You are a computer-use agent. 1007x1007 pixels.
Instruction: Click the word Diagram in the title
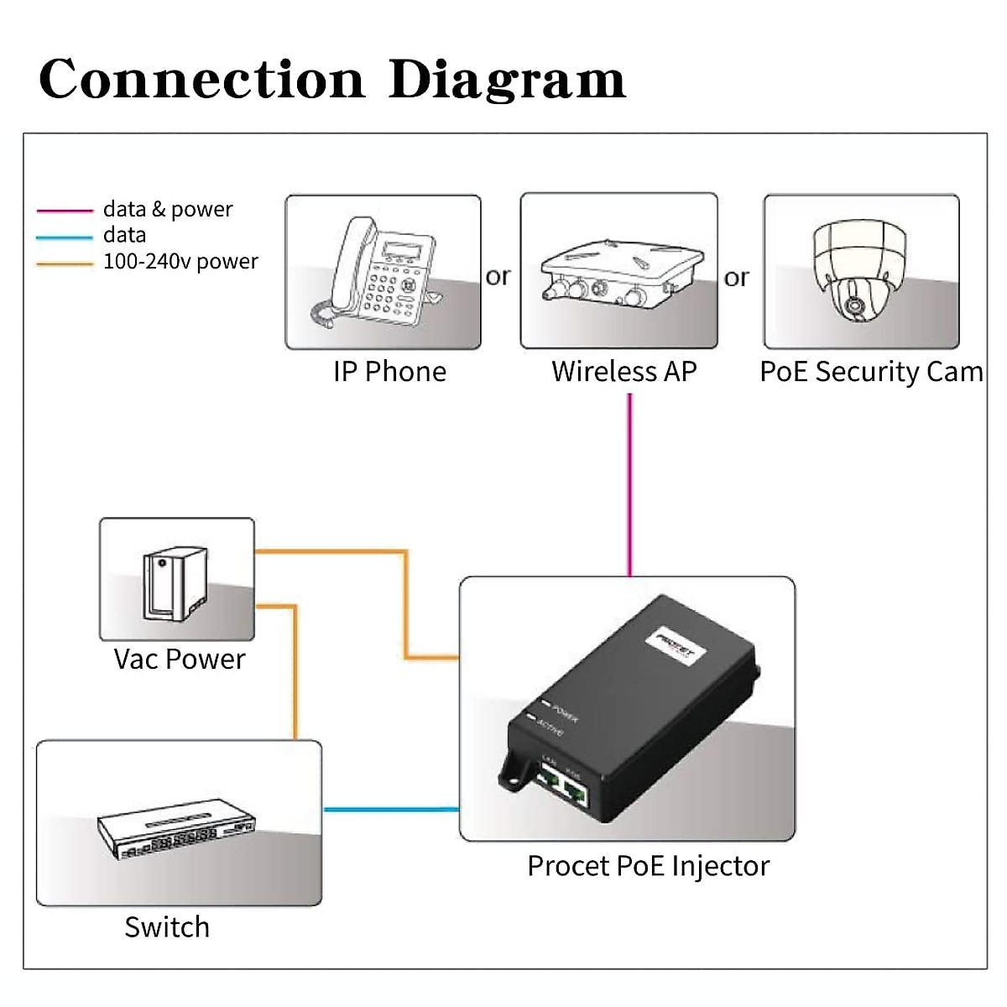click(x=507, y=81)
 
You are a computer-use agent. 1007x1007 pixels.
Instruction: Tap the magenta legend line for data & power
click(x=65, y=211)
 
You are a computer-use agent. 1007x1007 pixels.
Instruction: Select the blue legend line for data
click(x=65, y=237)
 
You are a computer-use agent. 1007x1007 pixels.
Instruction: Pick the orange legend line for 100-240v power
click(x=65, y=264)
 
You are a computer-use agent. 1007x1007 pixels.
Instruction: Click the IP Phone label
click(x=389, y=372)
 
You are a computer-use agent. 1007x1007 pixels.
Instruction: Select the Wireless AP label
click(x=624, y=372)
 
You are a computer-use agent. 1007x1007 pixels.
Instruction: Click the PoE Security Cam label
click(x=871, y=372)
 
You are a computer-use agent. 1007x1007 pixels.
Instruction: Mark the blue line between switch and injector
click(x=391, y=810)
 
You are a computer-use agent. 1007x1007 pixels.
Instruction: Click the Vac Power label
click(x=180, y=660)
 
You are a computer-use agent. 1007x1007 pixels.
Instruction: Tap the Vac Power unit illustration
click(x=174, y=584)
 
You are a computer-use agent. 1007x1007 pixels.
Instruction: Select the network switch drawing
click(x=176, y=834)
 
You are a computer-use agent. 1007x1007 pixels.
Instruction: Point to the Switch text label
click(x=167, y=927)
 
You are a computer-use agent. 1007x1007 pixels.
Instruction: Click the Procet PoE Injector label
click(x=648, y=866)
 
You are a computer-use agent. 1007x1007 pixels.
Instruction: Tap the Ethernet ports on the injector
click(x=561, y=784)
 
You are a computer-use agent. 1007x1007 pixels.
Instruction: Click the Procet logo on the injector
click(x=676, y=646)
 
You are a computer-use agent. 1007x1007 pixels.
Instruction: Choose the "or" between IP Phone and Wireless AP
click(x=498, y=276)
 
